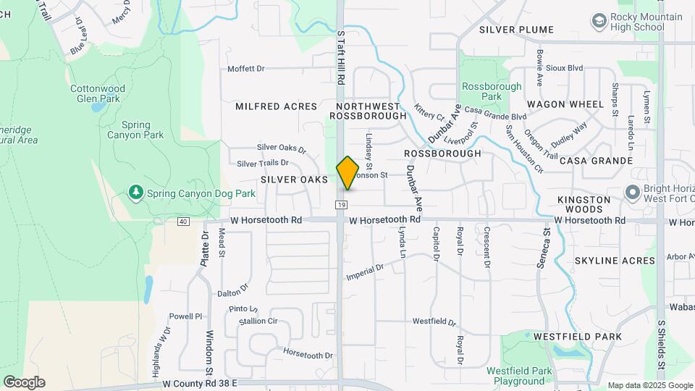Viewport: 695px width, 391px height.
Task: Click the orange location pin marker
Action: [347, 173]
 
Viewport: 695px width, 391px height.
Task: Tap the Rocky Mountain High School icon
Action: [599, 21]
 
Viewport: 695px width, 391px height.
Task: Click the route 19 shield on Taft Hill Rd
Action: [340, 206]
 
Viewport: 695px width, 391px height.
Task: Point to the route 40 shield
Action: [182, 221]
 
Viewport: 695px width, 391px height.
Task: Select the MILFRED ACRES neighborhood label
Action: [277, 106]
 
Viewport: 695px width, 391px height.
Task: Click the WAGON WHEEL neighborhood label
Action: [565, 104]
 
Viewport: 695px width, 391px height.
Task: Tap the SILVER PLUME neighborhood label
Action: [516, 30]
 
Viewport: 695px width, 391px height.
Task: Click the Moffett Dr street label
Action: [246, 69]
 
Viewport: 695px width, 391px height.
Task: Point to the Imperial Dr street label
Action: [365, 273]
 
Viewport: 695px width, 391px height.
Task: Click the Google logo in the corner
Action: [24, 382]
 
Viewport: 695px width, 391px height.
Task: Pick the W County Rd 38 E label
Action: [200, 382]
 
